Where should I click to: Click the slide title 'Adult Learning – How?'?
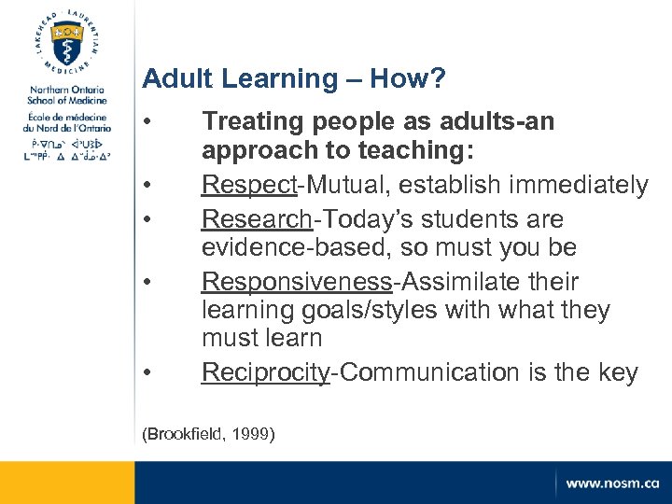coord(294,79)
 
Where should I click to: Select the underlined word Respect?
coord(248,186)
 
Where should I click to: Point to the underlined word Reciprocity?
coord(266,372)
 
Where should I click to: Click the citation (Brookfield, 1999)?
coord(207,434)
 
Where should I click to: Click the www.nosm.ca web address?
coord(611,483)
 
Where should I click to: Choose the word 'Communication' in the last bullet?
coord(431,372)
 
